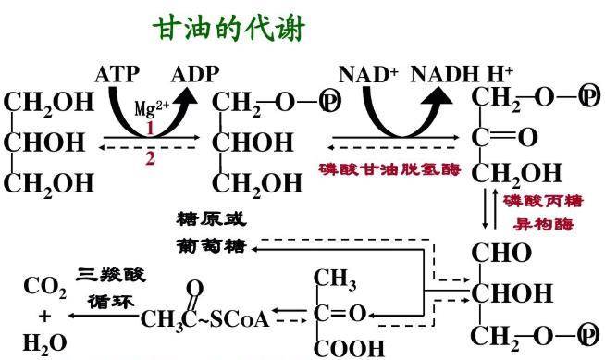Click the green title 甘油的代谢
click(228, 28)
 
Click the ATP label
click(117, 74)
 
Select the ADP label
click(195, 74)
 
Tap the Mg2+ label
click(152, 108)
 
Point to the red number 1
click(150, 128)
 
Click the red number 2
click(150, 158)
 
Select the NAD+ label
click(368, 74)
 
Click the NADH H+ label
click(462, 74)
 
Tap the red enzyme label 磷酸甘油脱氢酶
click(390, 169)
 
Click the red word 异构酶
click(543, 224)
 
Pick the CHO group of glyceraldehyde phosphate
click(501, 254)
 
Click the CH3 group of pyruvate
click(335, 279)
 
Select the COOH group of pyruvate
click(349, 348)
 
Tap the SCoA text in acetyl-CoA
click(240, 319)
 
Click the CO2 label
click(45, 288)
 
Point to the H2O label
click(45, 343)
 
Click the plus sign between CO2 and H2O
click(44, 317)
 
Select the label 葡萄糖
click(211, 246)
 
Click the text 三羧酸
click(111, 275)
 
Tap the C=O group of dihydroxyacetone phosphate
click(505, 137)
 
